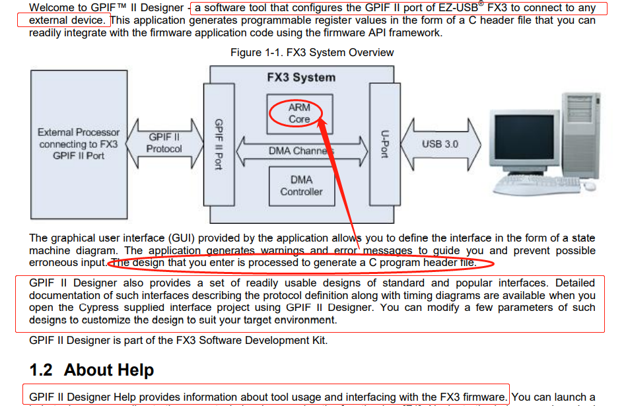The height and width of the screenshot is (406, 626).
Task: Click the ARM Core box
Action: tap(299, 113)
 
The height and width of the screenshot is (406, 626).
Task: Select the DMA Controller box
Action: tap(301, 186)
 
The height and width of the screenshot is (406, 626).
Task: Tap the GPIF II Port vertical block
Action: tap(219, 144)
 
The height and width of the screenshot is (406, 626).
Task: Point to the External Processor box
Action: tap(78, 144)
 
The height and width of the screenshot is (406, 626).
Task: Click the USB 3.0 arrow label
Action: tap(440, 143)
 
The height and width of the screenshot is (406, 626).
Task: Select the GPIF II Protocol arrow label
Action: tap(164, 143)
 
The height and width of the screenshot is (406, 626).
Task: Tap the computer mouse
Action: tap(589, 186)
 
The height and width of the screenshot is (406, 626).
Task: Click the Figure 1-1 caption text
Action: tap(312, 53)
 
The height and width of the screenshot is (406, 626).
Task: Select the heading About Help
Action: tap(109, 370)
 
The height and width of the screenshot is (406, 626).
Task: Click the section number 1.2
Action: tap(42, 370)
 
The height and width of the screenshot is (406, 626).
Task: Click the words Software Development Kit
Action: tap(268, 341)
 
